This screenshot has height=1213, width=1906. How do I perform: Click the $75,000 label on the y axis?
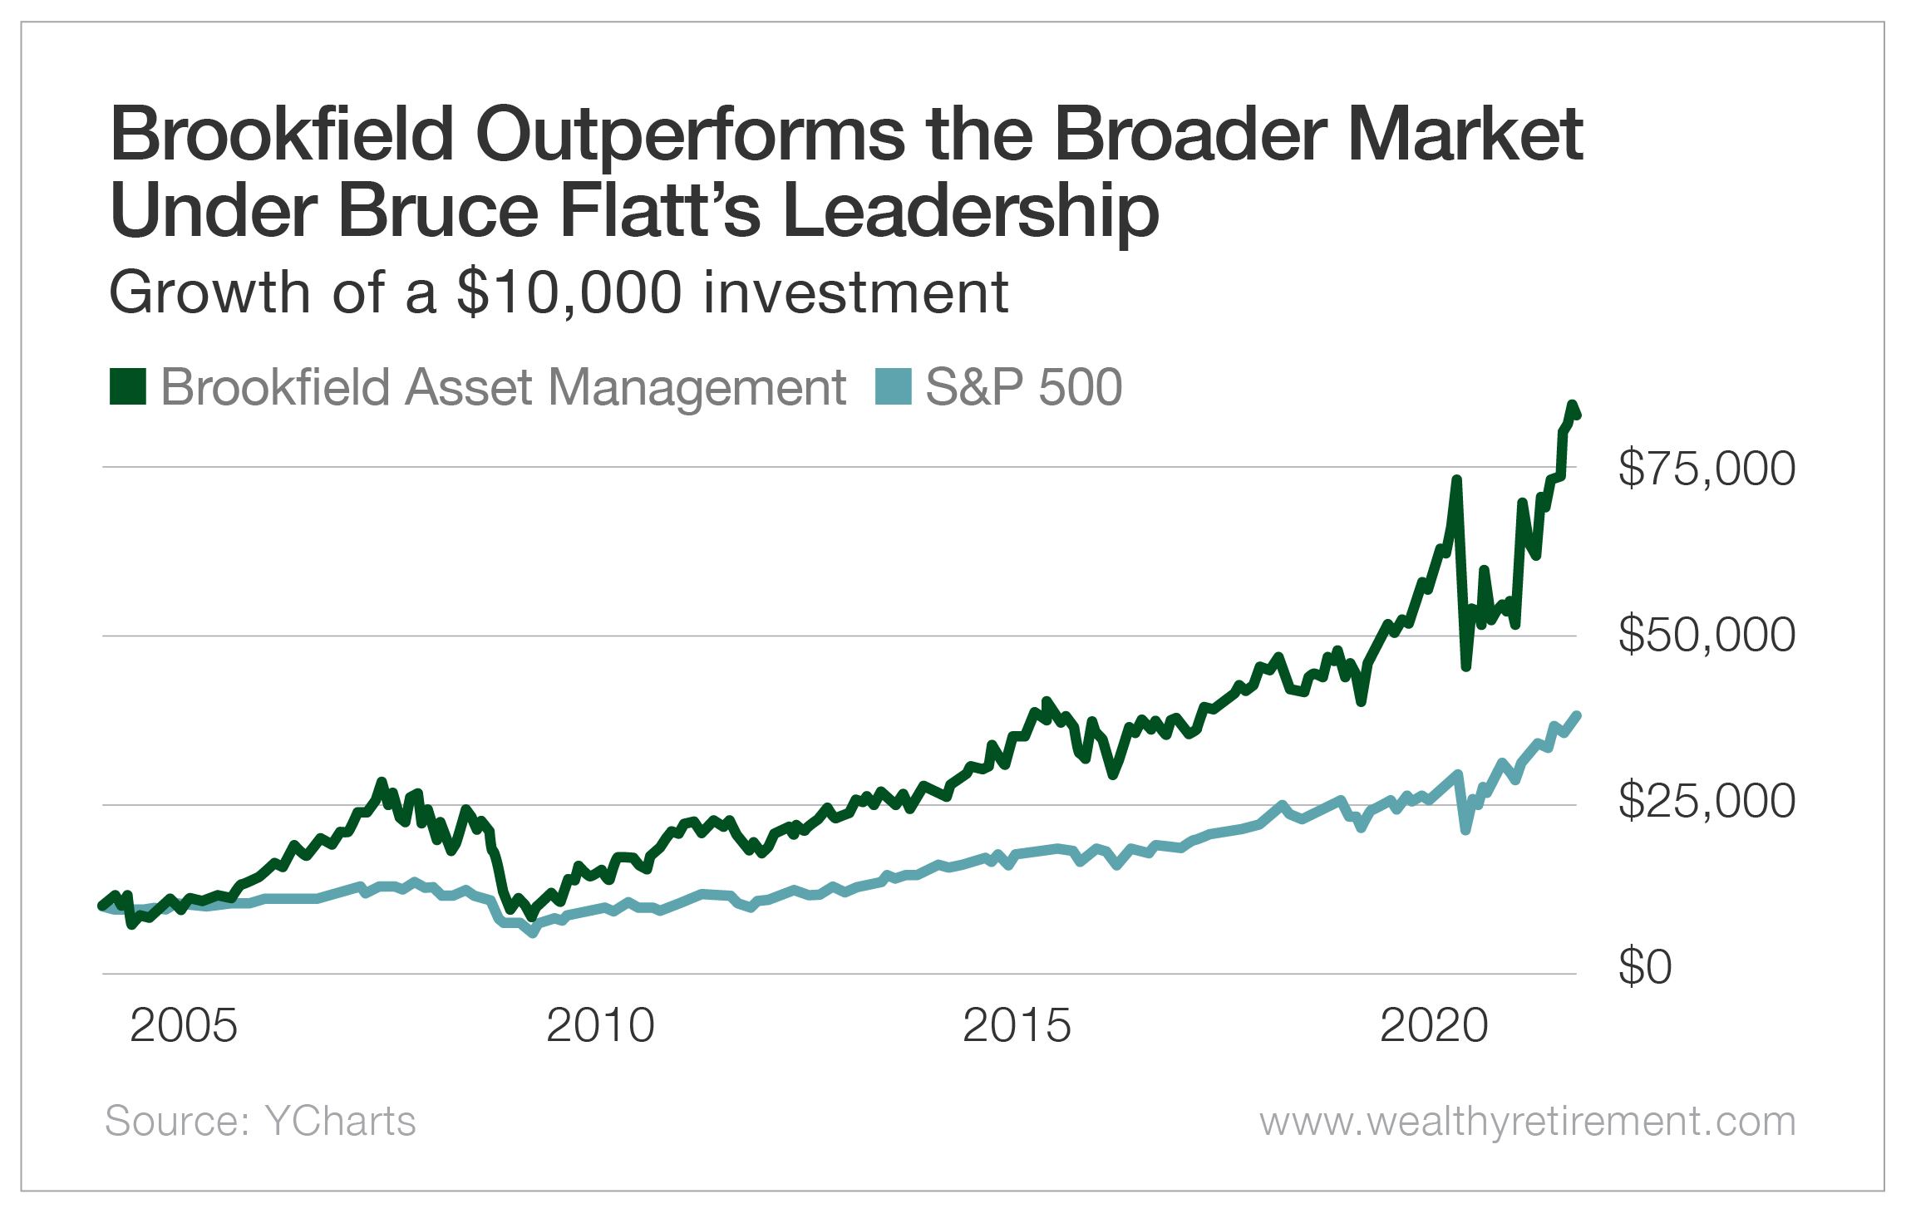point(1706,468)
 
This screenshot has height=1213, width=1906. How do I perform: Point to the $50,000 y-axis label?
point(1706,635)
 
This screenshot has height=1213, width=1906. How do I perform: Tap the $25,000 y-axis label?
point(1706,801)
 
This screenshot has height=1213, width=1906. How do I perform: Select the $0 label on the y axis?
point(1644,967)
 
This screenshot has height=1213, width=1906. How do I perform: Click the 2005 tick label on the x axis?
point(184,1025)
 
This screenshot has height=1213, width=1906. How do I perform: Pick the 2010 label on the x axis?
point(600,1025)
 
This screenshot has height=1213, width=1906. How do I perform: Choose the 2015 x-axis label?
point(1017,1025)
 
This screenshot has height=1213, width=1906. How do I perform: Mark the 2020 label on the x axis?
point(1434,1025)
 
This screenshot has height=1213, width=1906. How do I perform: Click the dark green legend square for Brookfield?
point(128,387)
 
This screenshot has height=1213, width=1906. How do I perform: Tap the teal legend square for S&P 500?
point(894,387)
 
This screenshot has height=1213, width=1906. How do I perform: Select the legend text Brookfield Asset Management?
point(503,387)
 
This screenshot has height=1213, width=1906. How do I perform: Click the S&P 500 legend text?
point(1023,387)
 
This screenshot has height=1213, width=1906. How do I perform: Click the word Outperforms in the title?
point(690,135)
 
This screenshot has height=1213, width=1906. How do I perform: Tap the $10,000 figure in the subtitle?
point(569,293)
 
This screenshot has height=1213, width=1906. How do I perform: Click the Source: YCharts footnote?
point(260,1121)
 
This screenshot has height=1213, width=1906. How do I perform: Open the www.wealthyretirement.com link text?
point(1527,1121)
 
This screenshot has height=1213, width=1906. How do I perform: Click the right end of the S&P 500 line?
point(1576,715)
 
